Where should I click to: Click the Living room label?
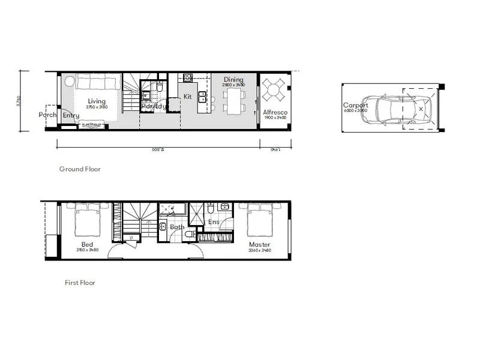tap(97, 101)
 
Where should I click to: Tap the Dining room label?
tap(233, 79)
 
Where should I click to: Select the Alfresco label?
tap(275, 112)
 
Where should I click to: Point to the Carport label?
tap(355, 105)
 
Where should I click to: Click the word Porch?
tap(47, 115)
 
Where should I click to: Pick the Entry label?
tap(71, 115)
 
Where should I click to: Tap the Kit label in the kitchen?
tap(188, 96)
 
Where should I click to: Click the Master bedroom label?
tap(259, 245)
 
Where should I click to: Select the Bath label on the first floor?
tap(177, 227)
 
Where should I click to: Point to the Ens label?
tap(214, 222)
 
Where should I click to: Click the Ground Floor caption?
tap(80, 169)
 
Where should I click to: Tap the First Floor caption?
tap(80, 283)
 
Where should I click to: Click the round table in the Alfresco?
tap(274, 92)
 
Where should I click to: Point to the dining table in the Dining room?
tap(234, 100)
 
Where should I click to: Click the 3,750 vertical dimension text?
tap(19, 101)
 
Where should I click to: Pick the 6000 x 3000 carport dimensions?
tap(355, 111)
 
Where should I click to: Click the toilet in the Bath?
tap(189, 234)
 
